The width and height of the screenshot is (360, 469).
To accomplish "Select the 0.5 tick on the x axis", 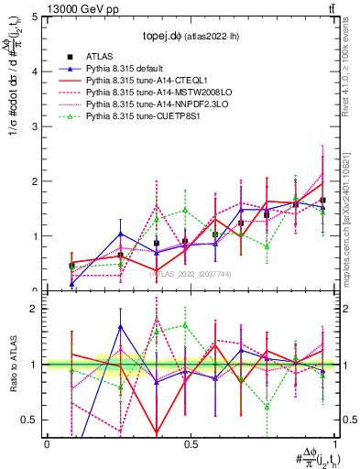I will point(189,443).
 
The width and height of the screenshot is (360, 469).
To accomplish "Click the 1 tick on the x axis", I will point(331,443).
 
